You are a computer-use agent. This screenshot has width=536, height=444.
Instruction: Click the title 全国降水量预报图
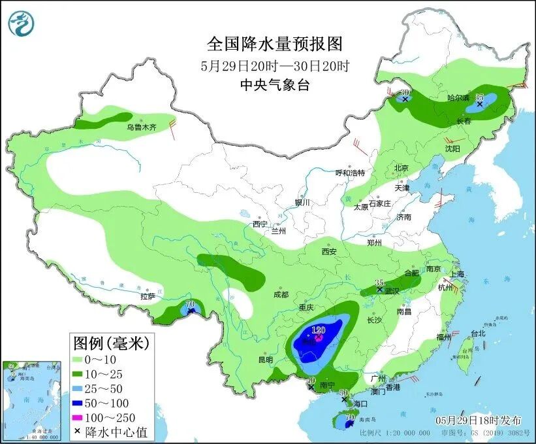(x=274, y=44)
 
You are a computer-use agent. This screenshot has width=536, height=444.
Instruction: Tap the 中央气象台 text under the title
(x=274, y=84)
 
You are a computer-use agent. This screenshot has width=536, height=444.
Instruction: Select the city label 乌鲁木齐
(x=142, y=128)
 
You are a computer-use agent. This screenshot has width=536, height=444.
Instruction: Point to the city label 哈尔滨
(x=458, y=97)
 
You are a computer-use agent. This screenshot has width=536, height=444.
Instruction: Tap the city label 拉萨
(x=148, y=296)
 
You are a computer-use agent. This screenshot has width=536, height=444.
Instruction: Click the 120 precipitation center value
(x=319, y=330)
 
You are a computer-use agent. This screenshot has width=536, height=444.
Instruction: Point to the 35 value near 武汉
(x=379, y=282)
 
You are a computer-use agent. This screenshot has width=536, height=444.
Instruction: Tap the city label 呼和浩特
(x=350, y=173)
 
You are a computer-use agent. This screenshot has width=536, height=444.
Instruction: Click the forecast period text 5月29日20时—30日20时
(x=274, y=65)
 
